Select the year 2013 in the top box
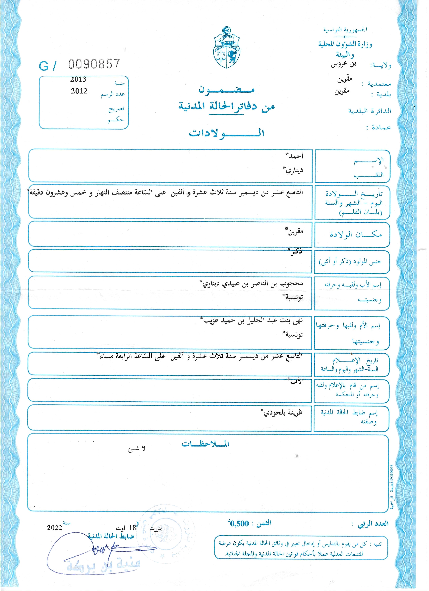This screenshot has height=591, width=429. coord(78,79)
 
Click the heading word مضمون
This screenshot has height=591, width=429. coord(226,90)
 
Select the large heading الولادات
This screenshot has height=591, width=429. coord(226,133)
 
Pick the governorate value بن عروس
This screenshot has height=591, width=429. coord(343,64)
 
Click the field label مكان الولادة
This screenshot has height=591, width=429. coord(355,234)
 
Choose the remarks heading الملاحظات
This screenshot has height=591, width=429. coord(205,444)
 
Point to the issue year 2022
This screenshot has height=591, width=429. coord(55,528)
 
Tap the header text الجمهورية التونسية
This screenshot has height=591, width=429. coord(345,30)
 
